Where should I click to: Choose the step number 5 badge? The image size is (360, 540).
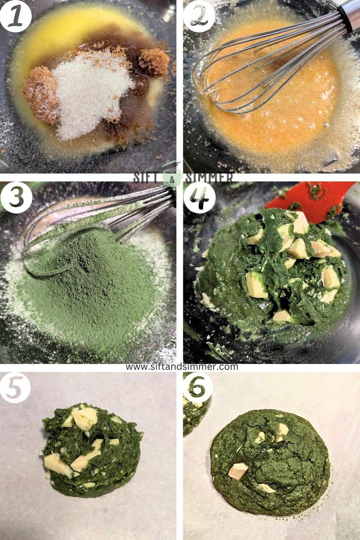tap(15, 388)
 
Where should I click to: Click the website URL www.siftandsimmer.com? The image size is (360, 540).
tap(182, 366)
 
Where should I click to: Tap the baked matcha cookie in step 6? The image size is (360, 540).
tap(270, 461)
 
